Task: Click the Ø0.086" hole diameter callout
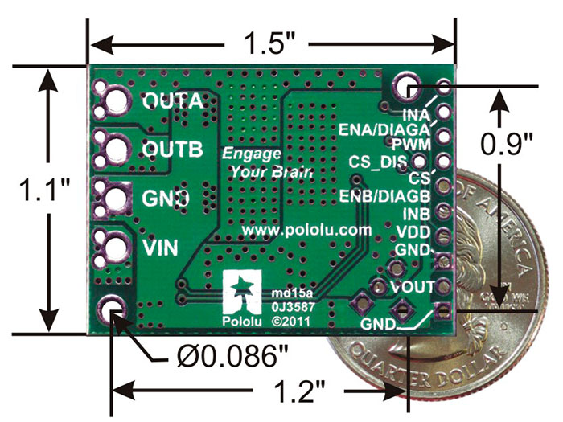[229, 355]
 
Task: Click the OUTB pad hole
[113, 148]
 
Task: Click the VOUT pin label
[413, 286]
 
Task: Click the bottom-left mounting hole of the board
[112, 307]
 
